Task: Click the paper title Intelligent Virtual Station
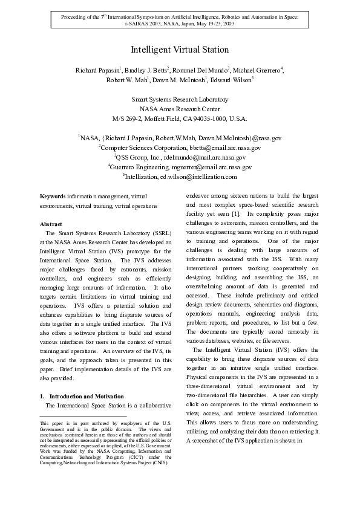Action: pos(180,50)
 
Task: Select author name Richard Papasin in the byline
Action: pos(97,71)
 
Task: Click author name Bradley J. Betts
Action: pos(145,71)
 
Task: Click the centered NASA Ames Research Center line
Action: pos(180,109)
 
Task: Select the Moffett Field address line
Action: pos(180,118)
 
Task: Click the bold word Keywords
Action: pos(53,196)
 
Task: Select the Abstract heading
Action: pos(51,224)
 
